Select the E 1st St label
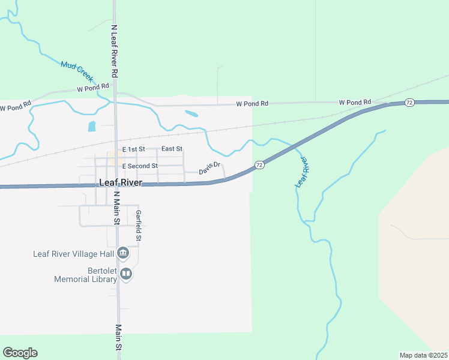133,149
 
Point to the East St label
172,149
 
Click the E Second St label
140,166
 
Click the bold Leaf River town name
119,183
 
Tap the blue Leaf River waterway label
301,172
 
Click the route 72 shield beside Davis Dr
259,164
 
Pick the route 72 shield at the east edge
409,103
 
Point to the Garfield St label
138,226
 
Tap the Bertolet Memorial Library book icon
126,275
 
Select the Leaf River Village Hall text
73,254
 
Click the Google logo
20,353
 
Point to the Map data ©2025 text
423,355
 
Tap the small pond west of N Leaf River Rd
92,126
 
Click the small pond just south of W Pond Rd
191,113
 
